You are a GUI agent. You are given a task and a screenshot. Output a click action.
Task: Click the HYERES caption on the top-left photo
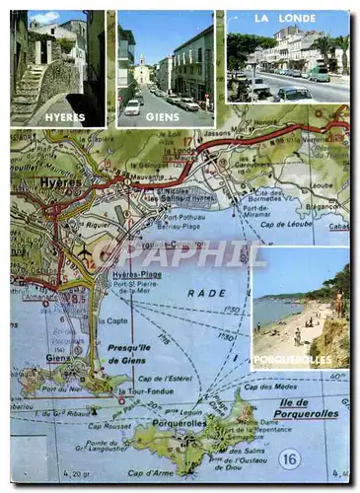(x=59, y=117)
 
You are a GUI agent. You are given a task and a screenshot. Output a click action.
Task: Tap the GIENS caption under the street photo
(x=163, y=116)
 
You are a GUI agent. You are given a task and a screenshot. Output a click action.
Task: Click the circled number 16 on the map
(x=288, y=458)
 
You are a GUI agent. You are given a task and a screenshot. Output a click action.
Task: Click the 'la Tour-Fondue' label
(x=139, y=391)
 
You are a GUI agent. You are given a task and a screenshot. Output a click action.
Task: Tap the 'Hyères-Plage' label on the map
(x=136, y=274)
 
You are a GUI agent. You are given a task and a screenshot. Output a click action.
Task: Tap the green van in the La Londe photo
(x=319, y=73)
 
